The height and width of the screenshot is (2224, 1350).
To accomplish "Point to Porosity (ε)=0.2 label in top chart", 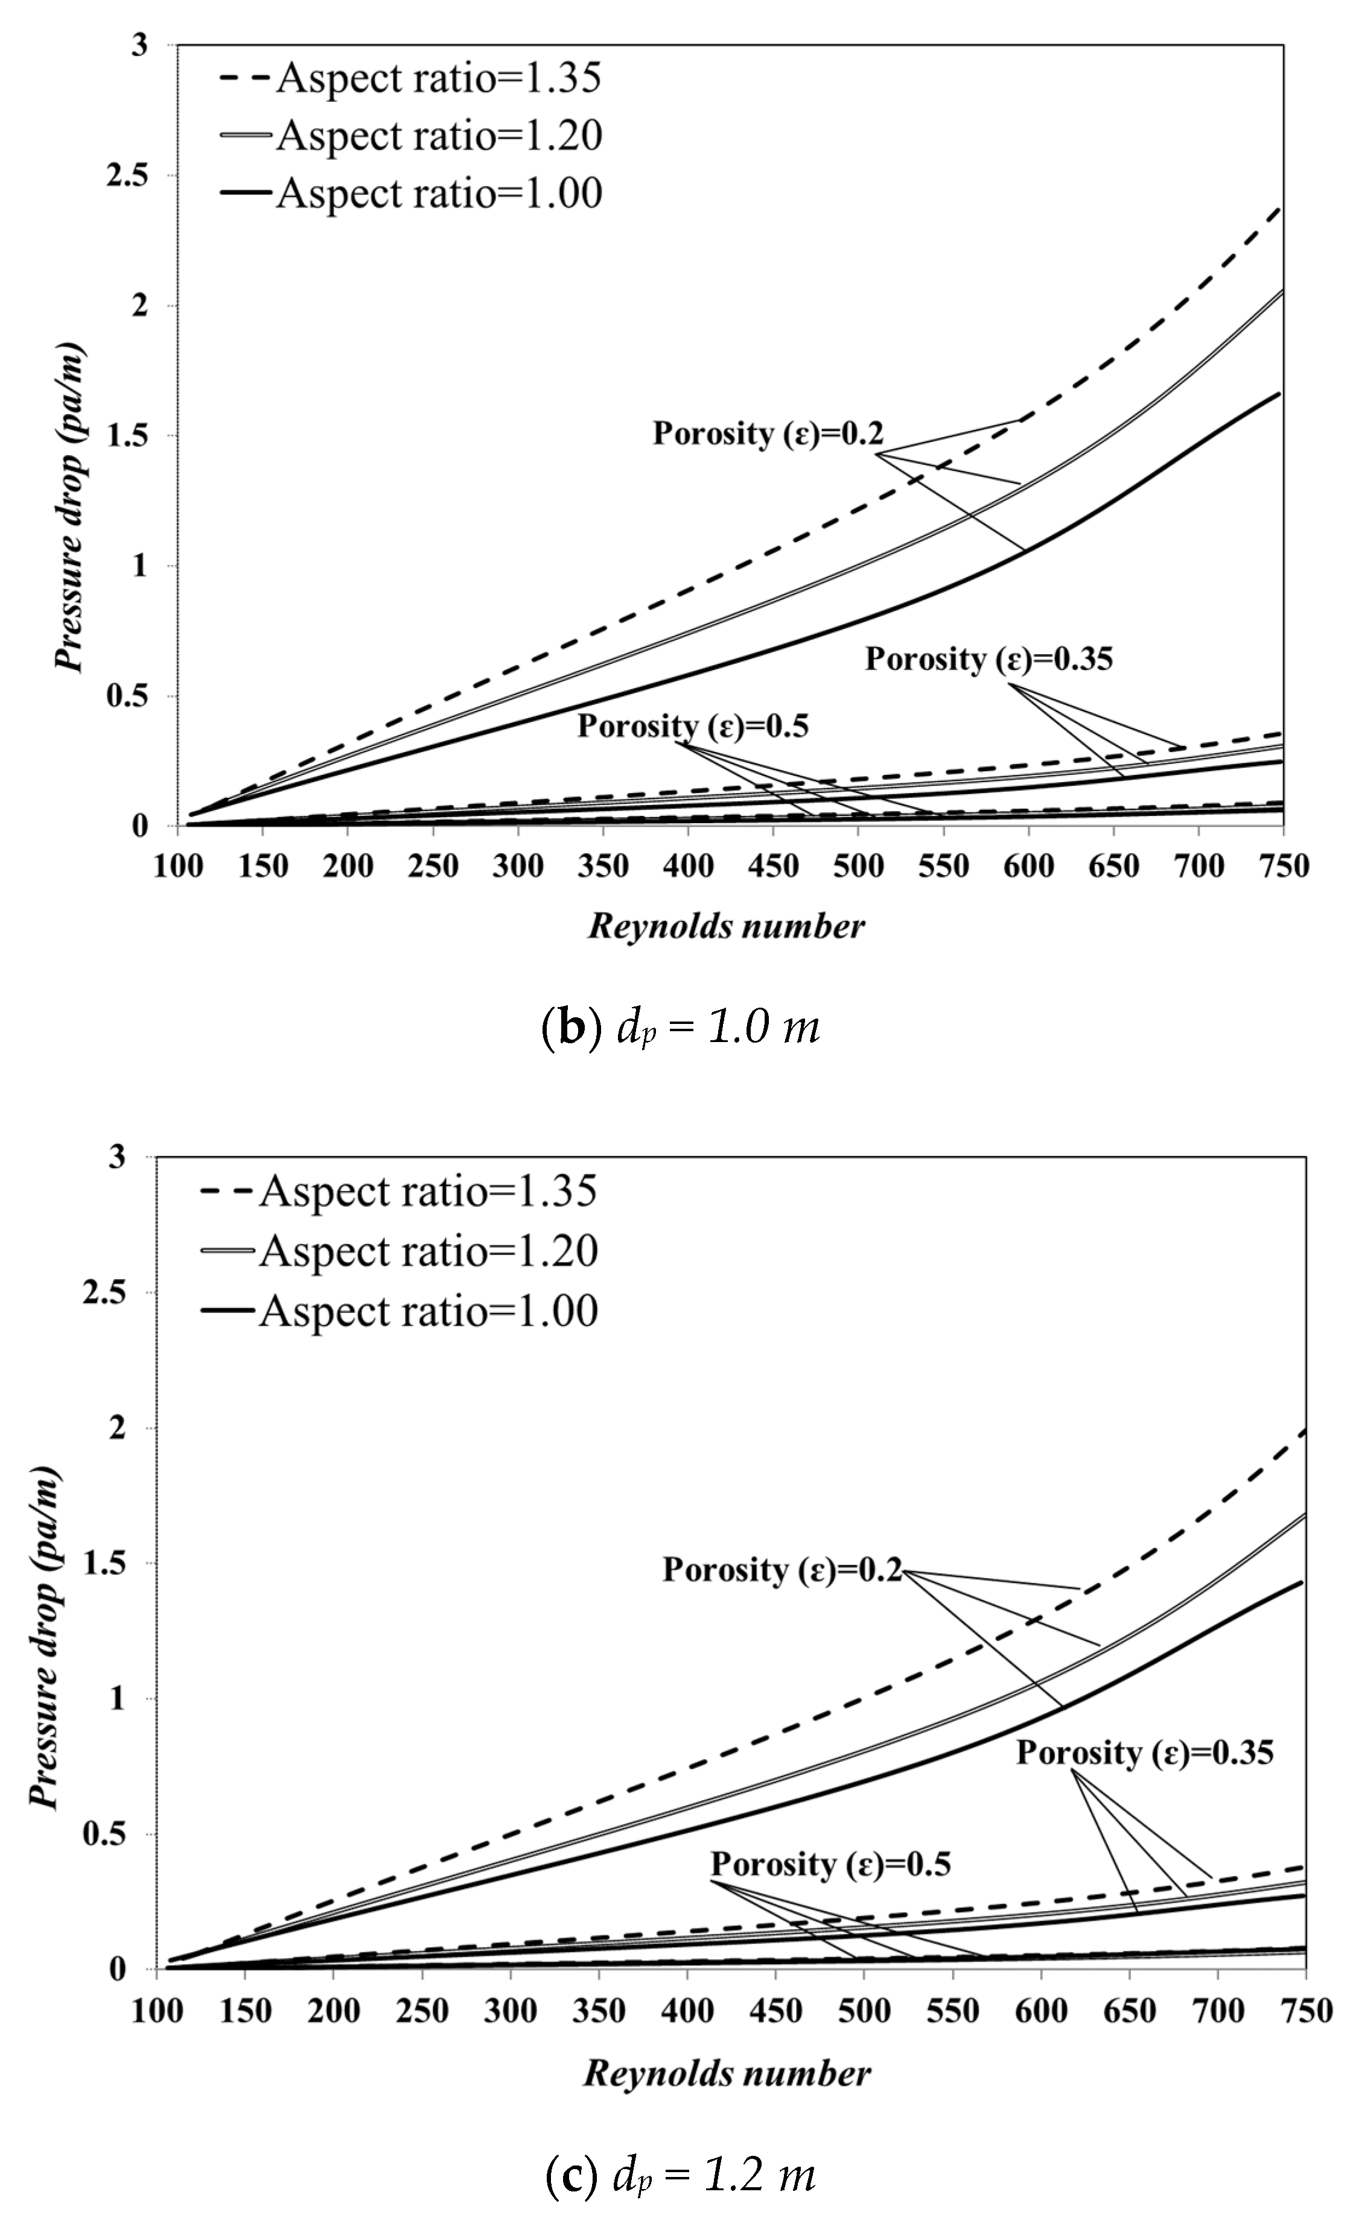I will coord(768,434).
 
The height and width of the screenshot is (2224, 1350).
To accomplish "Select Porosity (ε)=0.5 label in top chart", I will coord(693,727).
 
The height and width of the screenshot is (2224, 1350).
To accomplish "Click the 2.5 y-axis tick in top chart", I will coord(126,175).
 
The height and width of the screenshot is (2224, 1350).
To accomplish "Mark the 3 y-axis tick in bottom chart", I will coord(118,1158).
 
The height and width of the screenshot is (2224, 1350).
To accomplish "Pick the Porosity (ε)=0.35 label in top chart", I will coord(988,660).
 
